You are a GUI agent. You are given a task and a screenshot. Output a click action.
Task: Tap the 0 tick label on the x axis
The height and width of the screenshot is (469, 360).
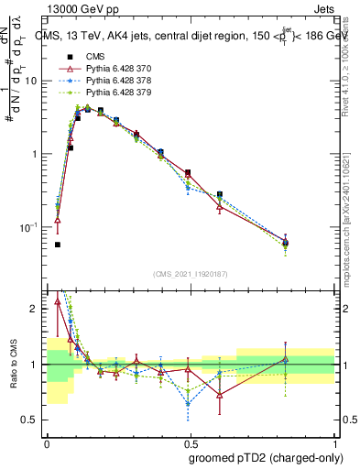(47, 442)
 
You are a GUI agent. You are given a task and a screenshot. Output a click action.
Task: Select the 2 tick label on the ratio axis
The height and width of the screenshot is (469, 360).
(35, 310)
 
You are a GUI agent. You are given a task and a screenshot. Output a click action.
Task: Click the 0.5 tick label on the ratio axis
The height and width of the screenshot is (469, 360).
(31, 420)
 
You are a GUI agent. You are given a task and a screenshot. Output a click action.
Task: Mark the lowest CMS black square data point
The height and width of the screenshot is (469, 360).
(58, 245)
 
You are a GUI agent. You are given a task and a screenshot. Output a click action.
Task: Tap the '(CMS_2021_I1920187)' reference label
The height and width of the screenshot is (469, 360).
(189, 273)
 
